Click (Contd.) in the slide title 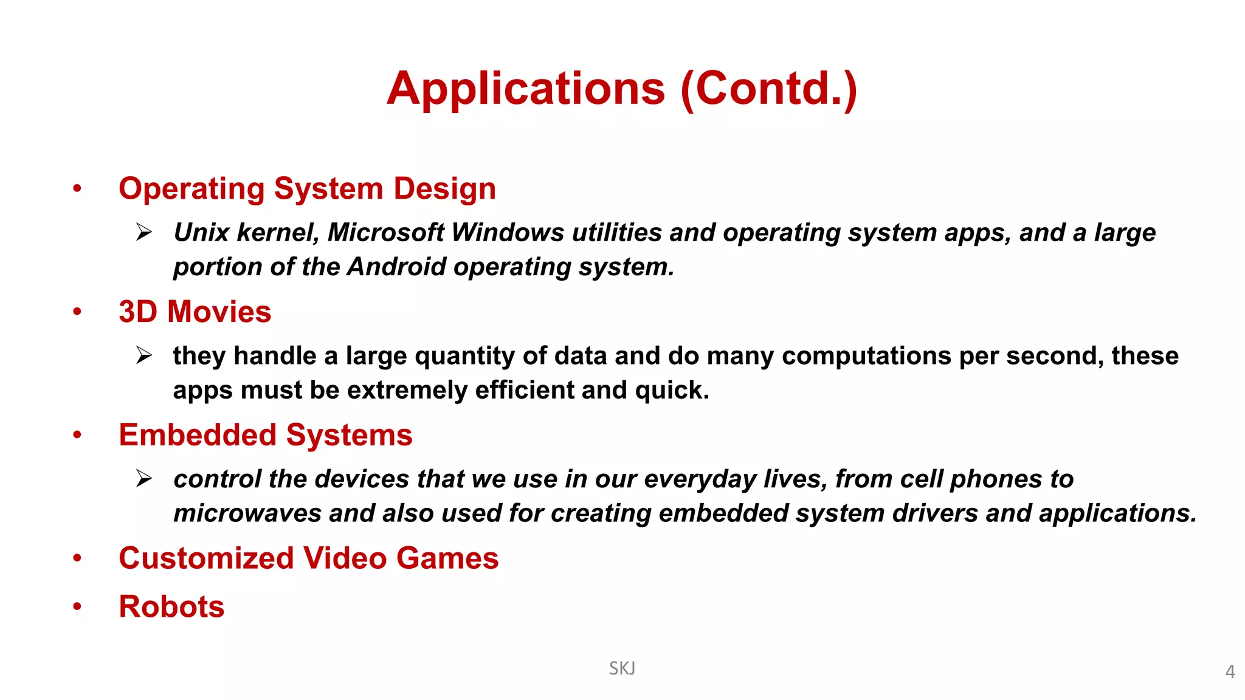tap(769, 89)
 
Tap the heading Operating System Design tap(307, 189)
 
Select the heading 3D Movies tap(195, 312)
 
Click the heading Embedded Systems tap(266, 436)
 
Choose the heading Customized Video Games tap(308, 558)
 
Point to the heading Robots tap(171, 607)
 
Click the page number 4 tap(1230, 672)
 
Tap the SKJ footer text tap(622, 668)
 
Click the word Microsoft tap(386, 233)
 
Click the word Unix tap(201, 233)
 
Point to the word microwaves tap(247, 513)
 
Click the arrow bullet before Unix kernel tap(144, 232)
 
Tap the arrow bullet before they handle tap(144, 355)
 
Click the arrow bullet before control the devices tap(144, 478)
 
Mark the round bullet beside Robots tap(77, 606)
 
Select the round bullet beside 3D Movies tap(77, 312)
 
